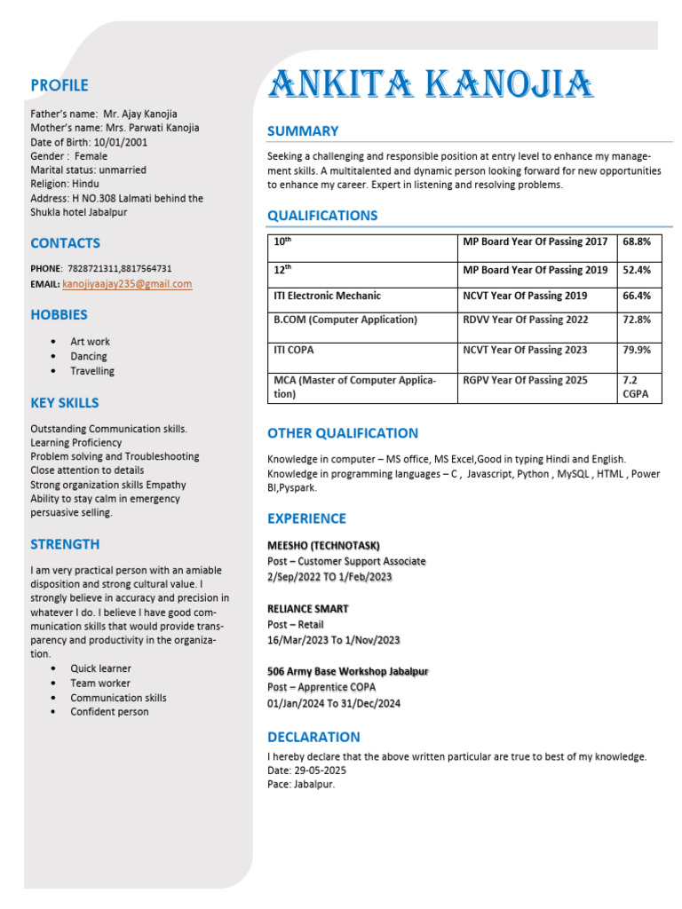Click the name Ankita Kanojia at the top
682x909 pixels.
(431, 85)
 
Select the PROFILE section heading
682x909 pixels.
(59, 85)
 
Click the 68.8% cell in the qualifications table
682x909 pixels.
(637, 241)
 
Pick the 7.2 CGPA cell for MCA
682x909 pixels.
(637, 387)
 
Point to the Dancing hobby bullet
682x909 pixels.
(89, 356)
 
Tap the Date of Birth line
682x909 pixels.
(89, 142)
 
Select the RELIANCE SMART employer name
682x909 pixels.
(307, 609)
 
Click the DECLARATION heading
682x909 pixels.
(313, 737)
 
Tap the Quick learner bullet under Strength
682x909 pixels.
(100, 668)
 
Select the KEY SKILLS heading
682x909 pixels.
(65, 403)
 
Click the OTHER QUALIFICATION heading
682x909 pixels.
(342, 433)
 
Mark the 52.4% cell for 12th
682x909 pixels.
(637, 270)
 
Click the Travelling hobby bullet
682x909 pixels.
(92, 371)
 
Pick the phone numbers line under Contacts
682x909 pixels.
(101, 268)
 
